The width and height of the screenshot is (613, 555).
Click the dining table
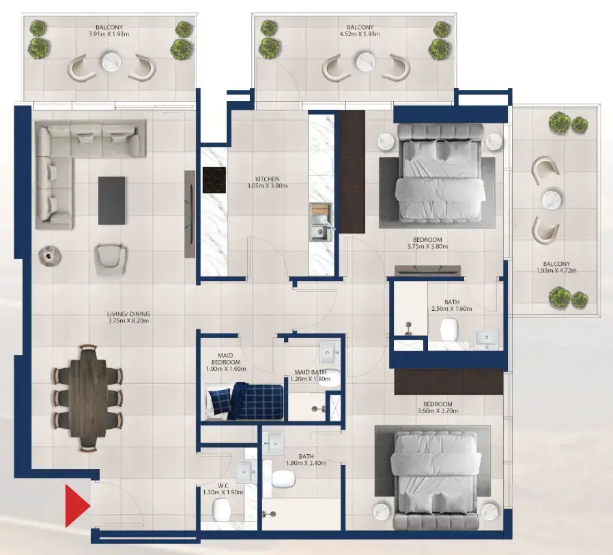pos(88,398)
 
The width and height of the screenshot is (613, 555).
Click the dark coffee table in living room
pos(111,200)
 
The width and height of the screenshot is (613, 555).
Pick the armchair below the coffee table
pos(111,258)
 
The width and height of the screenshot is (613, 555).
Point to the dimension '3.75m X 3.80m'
pos(427,247)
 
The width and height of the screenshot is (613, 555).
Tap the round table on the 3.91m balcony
pos(111,63)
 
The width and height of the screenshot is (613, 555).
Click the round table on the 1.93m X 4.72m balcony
pos(552,200)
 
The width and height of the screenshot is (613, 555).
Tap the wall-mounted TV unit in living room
pos(189,213)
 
